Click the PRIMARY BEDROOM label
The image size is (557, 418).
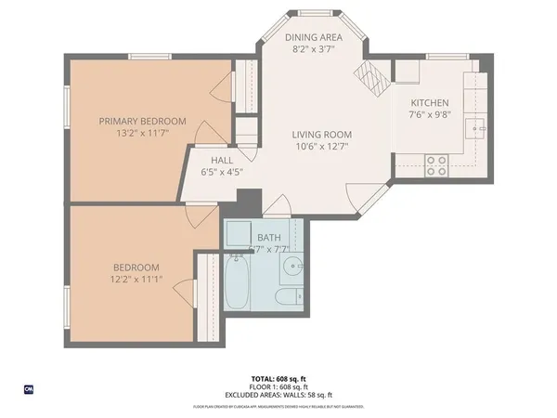pos(143,121)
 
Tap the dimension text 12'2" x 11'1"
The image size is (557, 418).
pos(137,281)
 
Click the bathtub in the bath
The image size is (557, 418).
pos(237,282)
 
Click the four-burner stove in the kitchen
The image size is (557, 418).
pos(435,165)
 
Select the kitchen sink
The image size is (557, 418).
pos(479,127)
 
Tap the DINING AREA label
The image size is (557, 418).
pos(313,37)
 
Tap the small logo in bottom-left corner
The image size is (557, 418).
pos(28,389)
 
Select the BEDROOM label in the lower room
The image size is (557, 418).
pos(137,268)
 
